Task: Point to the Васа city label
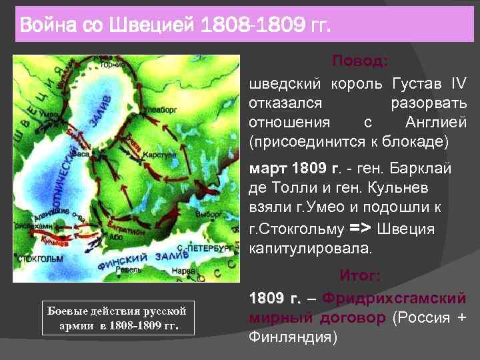point(83,153)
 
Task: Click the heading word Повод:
point(359,61)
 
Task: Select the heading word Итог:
point(359,275)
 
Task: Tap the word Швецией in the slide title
point(157,27)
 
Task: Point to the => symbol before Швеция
point(360,229)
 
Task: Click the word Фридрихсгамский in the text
point(393,297)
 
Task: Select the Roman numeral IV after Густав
point(459,85)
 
